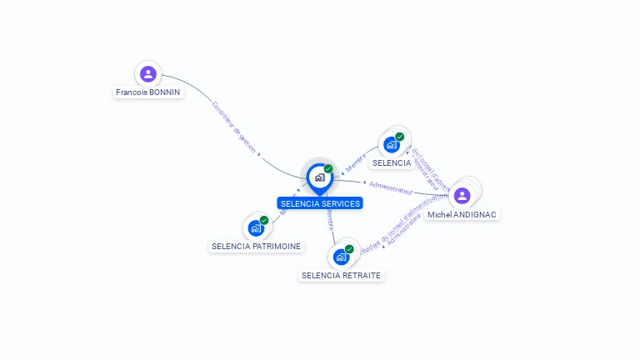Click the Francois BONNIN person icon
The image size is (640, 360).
click(x=148, y=74)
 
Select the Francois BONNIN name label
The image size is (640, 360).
click(x=148, y=92)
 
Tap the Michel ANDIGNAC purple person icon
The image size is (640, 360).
click(x=462, y=196)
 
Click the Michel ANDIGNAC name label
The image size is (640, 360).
click(x=462, y=214)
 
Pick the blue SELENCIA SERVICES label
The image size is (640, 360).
click(x=320, y=203)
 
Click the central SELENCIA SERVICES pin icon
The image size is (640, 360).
click(x=319, y=177)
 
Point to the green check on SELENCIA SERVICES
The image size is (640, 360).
click(x=328, y=168)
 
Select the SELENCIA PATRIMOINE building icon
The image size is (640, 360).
click(x=255, y=228)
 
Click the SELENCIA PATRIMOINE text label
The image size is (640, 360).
click(x=256, y=247)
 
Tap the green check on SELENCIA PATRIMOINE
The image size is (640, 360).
click(x=264, y=220)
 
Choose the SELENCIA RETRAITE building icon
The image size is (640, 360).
click(x=341, y=257)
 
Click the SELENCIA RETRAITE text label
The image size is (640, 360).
click(x=342, y=275)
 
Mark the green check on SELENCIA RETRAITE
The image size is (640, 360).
click(x=350, y=248)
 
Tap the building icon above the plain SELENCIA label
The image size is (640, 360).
click(x=391, y=145)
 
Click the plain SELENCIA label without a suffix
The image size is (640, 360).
click(x=392, y=163)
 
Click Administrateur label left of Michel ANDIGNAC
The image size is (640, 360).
click(x=391, y=187)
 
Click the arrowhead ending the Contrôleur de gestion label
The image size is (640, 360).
click(x=259, y=154)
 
